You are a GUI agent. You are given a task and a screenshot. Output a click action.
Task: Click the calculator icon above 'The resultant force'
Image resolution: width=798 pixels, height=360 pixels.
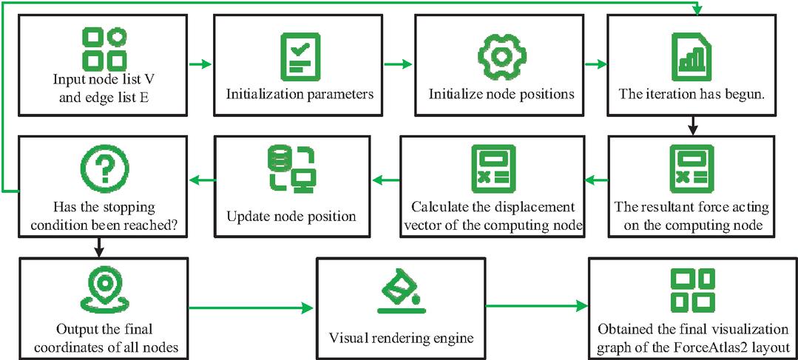(692, 169)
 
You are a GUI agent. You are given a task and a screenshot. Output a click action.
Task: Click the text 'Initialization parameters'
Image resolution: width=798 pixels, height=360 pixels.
(300, 95)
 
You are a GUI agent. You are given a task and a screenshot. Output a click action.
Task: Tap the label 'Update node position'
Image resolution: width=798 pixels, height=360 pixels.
(291, 217)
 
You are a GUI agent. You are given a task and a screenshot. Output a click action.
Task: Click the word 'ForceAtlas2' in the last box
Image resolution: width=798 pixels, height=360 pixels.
(723, 347)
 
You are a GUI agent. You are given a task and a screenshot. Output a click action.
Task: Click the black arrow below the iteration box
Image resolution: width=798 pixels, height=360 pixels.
(692, 125)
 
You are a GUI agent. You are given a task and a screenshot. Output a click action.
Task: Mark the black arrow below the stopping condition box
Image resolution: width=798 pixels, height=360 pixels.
(100, 248)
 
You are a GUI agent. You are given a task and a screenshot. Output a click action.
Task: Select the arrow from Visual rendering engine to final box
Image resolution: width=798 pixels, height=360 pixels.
(536, 306)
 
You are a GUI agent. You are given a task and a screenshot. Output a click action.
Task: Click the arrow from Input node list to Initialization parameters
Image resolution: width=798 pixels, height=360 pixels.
(200, 64)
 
